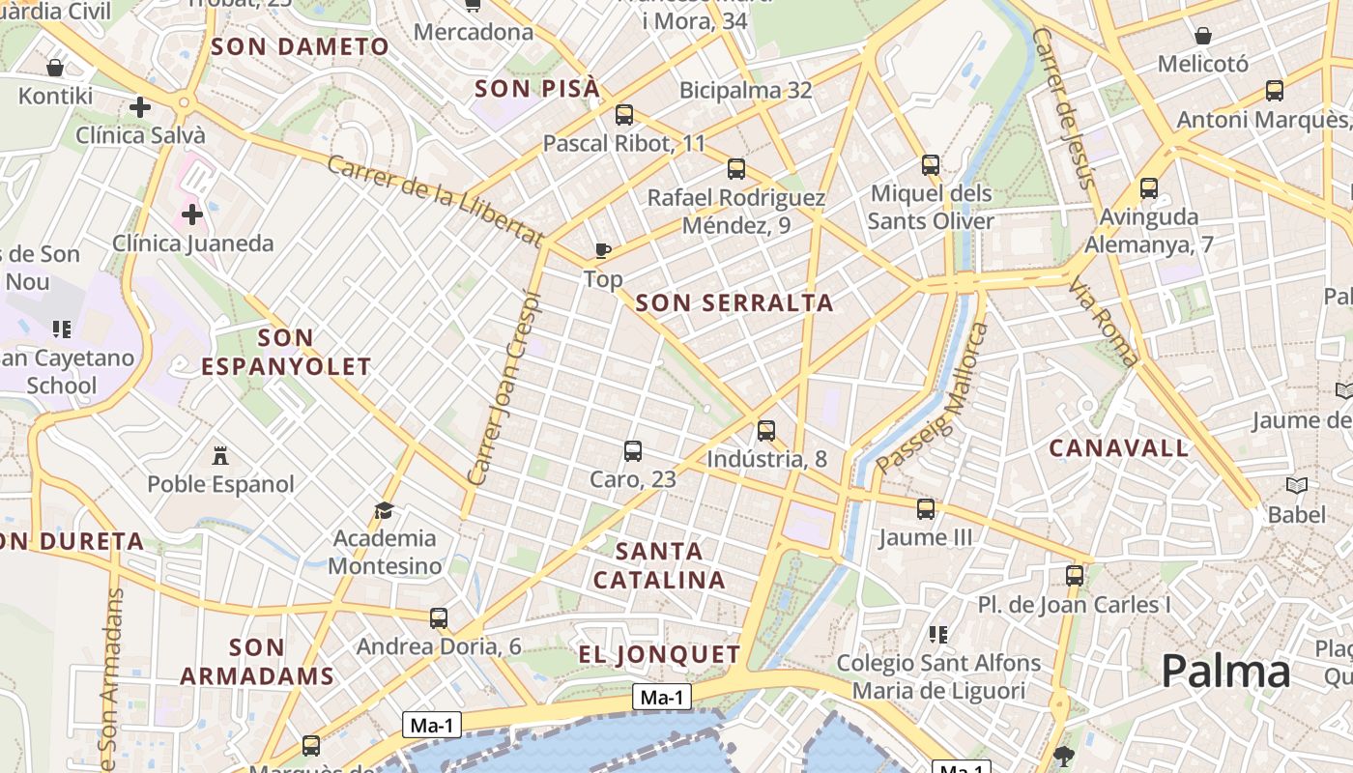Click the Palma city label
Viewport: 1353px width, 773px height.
pyautogui.click(x=1225, y=671)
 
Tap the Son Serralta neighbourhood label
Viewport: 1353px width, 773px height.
pyautogui.click(x=734, y=302)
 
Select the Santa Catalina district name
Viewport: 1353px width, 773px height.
pyautogui.click(x=659, y=565)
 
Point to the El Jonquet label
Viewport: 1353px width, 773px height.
pyautogui.click(x=659, y=654)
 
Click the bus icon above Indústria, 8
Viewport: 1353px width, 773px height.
pyautogui.click(x=766, y=431)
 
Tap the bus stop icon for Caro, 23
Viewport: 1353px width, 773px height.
pyautogui.click(x=633, y=451)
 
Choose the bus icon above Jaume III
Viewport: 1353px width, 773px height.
pyautogui.click(x=926, y=509)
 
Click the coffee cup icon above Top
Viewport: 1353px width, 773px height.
pyautogui.click(x=603, y=251)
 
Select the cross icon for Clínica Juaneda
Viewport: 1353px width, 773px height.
pyautogui.click(x=192, y=214)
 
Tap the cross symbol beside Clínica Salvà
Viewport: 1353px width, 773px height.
pyautogui.click(x=140, y=107)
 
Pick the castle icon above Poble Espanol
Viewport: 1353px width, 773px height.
pyautogui.click(x=220, y=455)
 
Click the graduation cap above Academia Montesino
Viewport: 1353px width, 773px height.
pyautogui.click(x=385, y=510)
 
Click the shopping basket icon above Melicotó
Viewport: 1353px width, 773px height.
pyautogui.click(x=1203, y=37)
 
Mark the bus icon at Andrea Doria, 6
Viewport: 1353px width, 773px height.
pyautogui.click(x=439, y=617)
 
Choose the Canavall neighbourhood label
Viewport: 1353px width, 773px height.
pyautogui.click(x=1119, y=448)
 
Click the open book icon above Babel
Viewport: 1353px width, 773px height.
pyautogui.click(x=1297, y=485)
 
